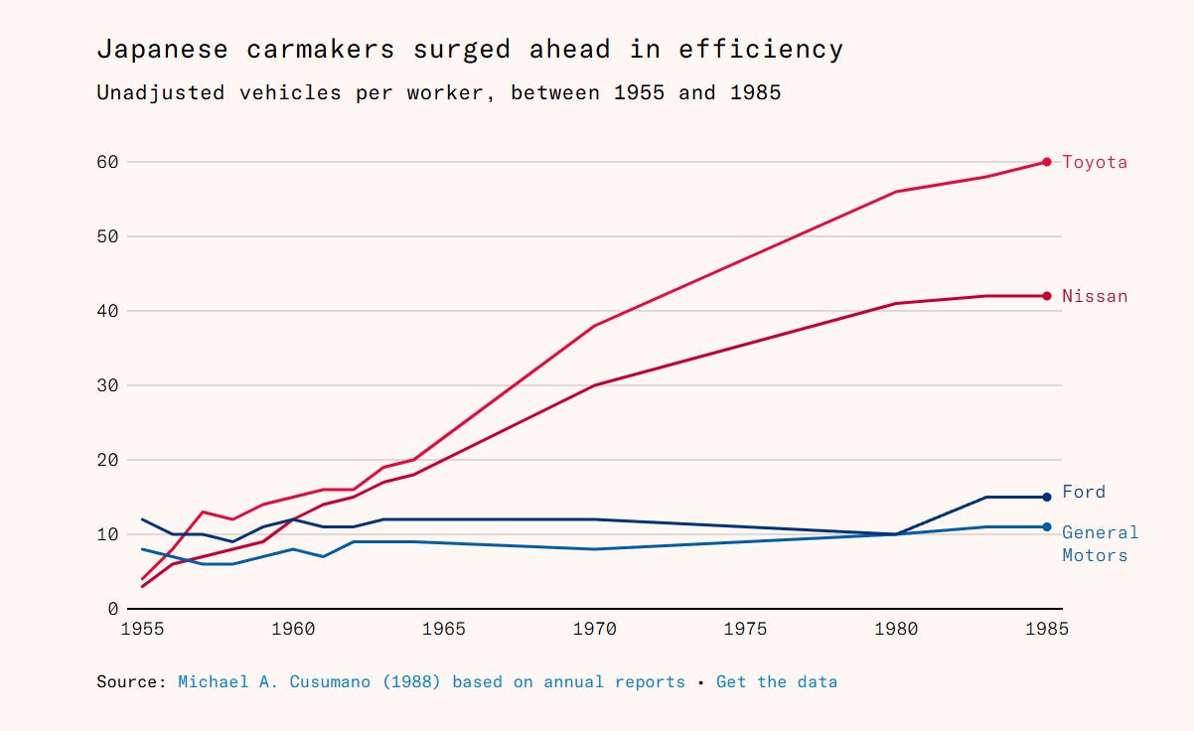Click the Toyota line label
tap(1095, 162)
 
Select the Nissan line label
tap(1095, 296)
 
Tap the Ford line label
tap(1083, 492)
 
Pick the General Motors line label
tap(1100, 543)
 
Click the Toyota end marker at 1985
tap(1047, 162)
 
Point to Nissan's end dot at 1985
tap(1047, 296)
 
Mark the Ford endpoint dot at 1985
tap(1047, 497)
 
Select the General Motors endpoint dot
tap(1047, 526)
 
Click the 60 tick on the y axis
tap(107, 162)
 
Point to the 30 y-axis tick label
tap(107, 385)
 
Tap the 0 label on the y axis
tap(113, 609)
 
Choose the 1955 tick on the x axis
tap(142, 629)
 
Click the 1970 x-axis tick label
tap(594, 629)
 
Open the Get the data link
tap(776, 682)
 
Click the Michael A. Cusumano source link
tap(431, 682)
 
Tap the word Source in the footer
tap(131, 682)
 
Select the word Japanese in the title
tap(161, 49)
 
